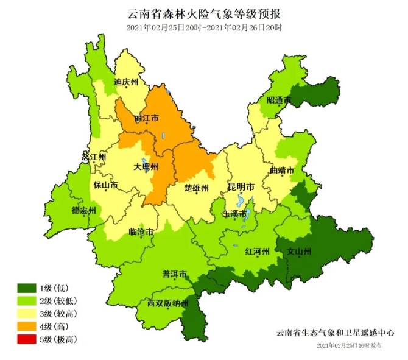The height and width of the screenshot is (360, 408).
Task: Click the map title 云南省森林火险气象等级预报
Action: (x=204, y=13)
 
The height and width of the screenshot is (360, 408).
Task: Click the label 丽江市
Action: (x=146, y=118)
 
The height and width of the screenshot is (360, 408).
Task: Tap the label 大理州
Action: (x=146, y=166)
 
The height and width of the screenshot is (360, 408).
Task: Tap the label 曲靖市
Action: (x=282, y=170)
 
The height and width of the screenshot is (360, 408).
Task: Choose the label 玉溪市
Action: (x=234, y=214)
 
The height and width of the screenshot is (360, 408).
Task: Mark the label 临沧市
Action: (x=141, y=232)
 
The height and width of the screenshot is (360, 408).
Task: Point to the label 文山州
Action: (x=299, y=251)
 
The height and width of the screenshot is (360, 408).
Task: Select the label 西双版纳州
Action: (x=169, y=303)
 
